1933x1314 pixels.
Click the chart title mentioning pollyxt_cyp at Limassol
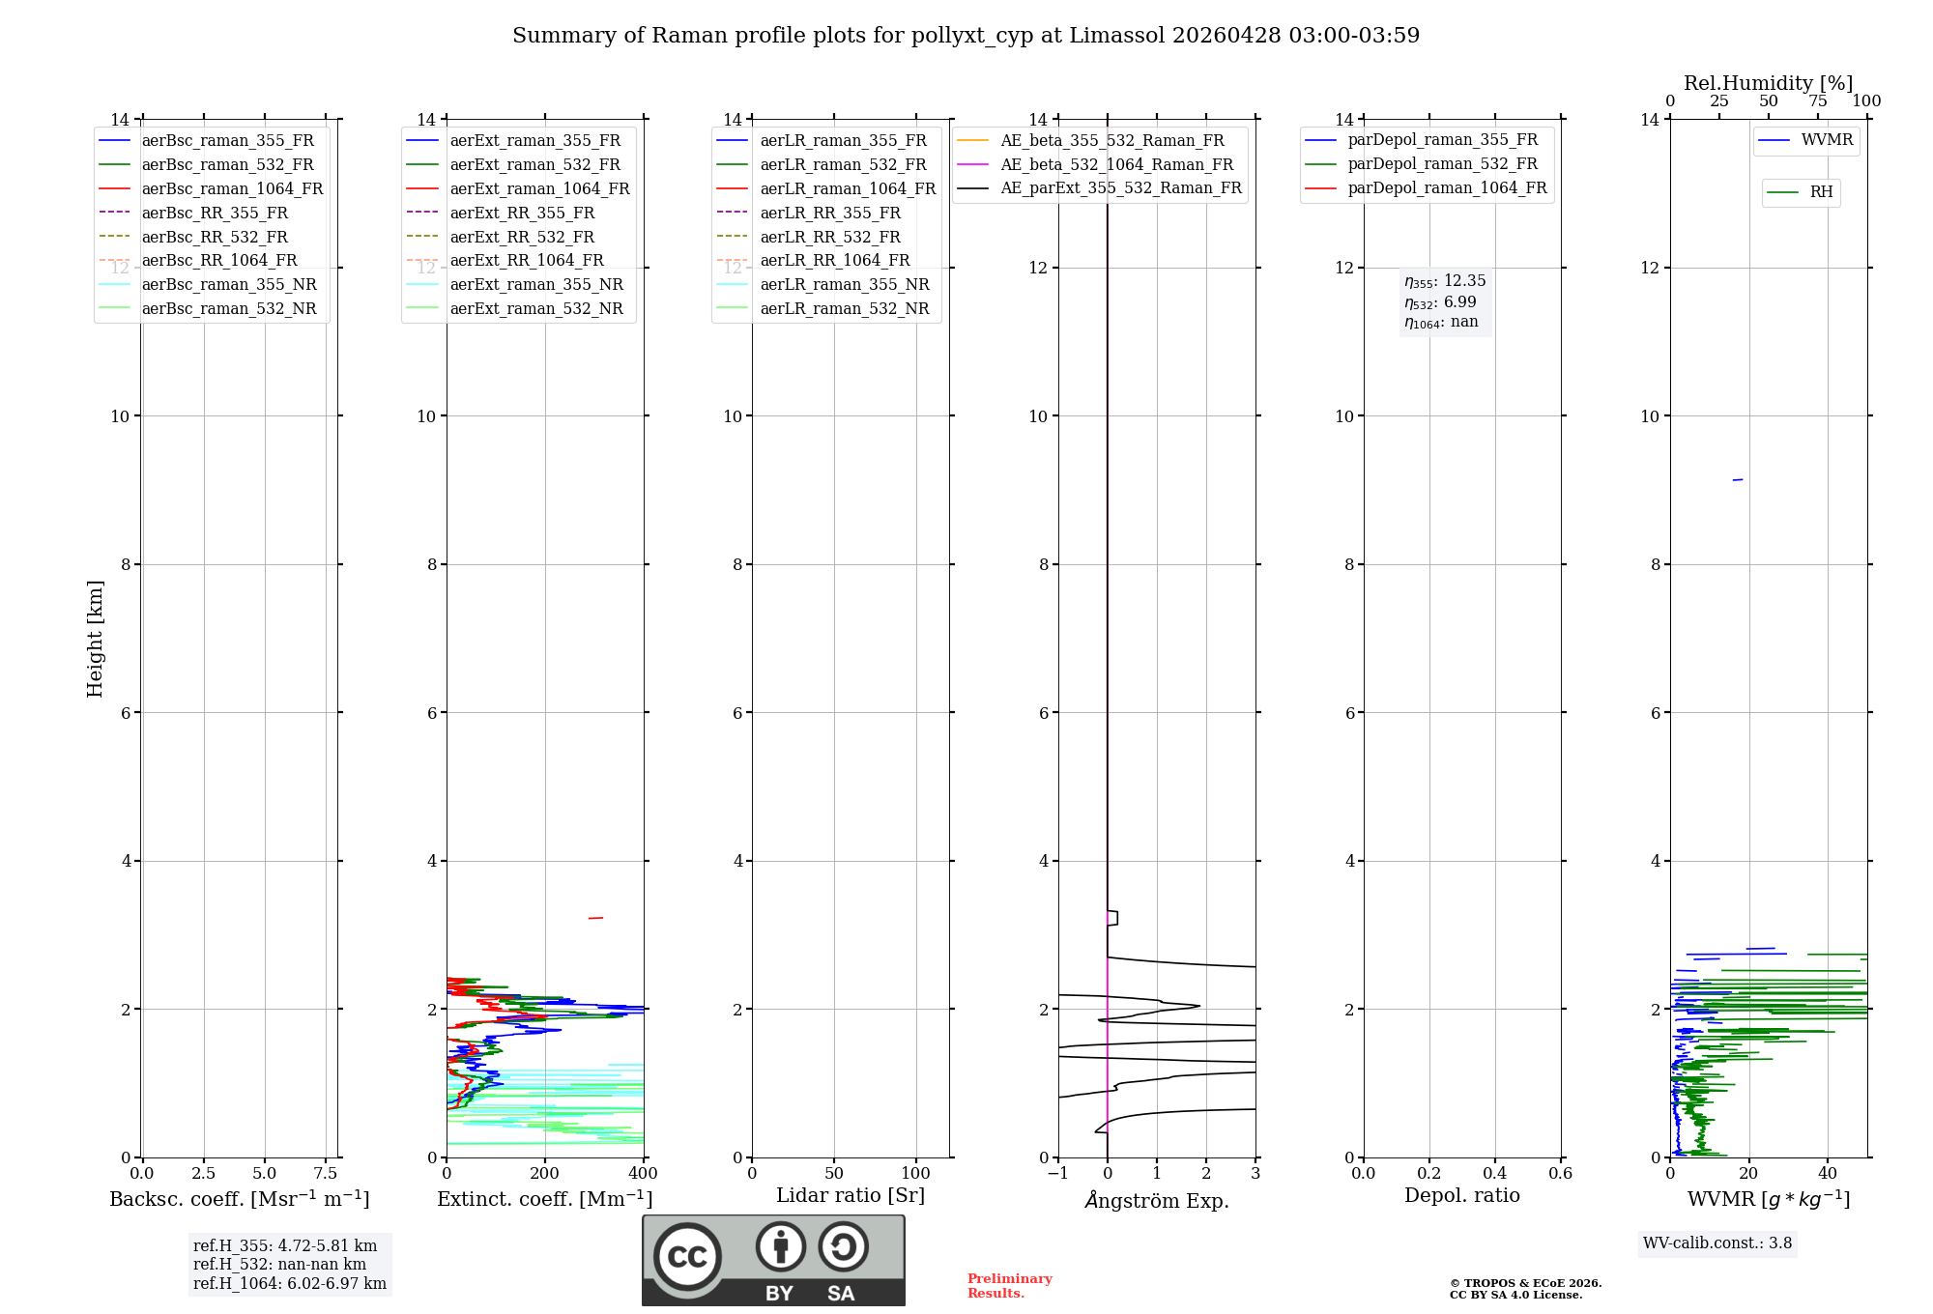pyautogui.click(x=966, y=36)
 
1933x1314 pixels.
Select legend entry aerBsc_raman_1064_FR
pyautogui.click(x=232, y=189)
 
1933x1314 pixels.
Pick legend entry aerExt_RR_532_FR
pyautogui.click(x=522, y=238)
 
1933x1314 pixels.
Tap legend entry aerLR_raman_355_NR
pyautogui.click(x=844, y=285)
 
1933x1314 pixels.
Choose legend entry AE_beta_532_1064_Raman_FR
pyautogui.click(x=1116, y=165)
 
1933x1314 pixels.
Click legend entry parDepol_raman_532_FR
pyautogui.click(x=1442, y=164)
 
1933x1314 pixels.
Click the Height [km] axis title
pyautogui.click(x=95, y=639)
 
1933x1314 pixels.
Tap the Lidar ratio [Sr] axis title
pyautogui.click(x=851, y=1196)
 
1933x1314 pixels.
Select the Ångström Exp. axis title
pyautogui.click(x=1157, y=1201)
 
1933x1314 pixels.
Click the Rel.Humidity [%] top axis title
pyautogui.click(x=1768, y=83)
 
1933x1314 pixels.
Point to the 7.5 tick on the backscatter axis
pyautogui.click(x=326, y=1174)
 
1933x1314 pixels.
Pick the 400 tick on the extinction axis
pyautogui.click(x=643, y=1174)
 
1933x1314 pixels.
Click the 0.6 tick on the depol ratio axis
pyautogui.click(x=1560, y=1174)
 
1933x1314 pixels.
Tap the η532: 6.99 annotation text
pyautogui.click(x=1440, y=302)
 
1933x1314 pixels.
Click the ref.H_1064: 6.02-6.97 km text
pyautogui.click(x=289, y=1284)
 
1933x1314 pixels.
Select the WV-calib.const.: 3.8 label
pyautogui.click(x=1717, y=1243)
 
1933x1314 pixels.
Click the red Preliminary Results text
pyautogui.click(x=1009, y=1286)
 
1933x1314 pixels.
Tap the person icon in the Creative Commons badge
pyautogui.click(x=781, y=1246)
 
